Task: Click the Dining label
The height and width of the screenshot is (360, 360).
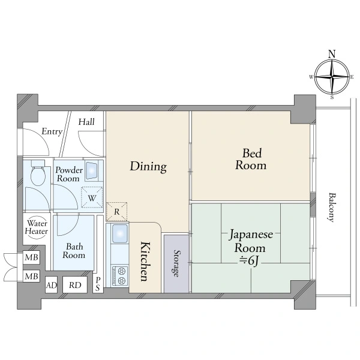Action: (x=148, y=166)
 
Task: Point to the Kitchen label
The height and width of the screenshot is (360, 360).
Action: (x=145, y=261)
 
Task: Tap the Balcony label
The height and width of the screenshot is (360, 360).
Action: (x=331, y=207)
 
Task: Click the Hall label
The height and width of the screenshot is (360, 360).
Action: (x=86, y=122)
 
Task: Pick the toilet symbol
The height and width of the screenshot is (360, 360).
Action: (x=37, y=174)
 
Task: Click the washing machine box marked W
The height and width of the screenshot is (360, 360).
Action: (x=91, y=196)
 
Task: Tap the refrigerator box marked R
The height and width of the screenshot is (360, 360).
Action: (x=116, y=212)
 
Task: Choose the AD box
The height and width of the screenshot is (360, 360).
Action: (x=52, y=286)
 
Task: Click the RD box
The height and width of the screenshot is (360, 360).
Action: (x=74, y=286)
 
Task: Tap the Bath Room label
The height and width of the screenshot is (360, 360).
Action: (x=74, y=250)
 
